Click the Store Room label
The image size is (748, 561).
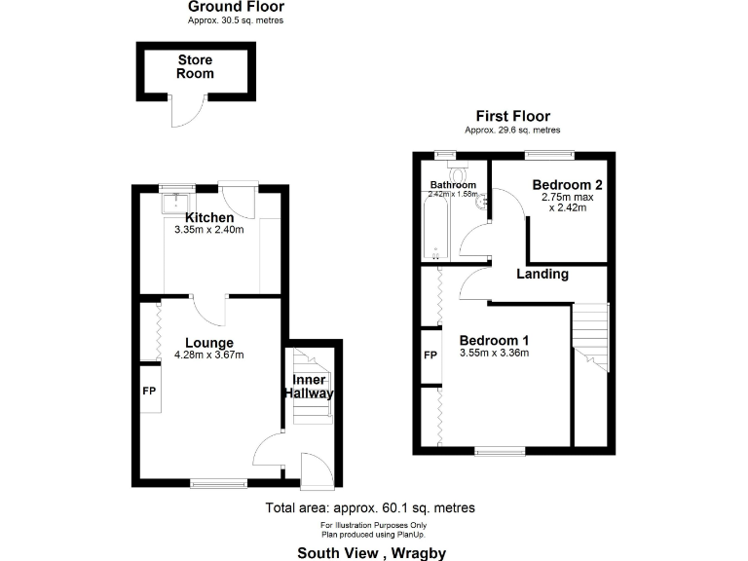coord(195,67)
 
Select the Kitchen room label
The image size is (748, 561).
coord(209,217)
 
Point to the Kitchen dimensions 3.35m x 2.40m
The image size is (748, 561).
coord(208,230)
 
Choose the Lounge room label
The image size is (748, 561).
coord(209,343)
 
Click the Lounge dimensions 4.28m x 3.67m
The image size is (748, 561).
coord(209,355)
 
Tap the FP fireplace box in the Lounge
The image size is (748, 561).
coord(149,391)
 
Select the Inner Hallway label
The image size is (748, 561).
coord(310,387)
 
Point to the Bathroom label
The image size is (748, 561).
coord(453,185)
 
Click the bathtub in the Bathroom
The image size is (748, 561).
coord(434,227)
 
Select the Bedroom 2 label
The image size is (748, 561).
coord(562,185)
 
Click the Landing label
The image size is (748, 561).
coord(542,274)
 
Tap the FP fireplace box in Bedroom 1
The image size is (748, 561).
coord(430,355)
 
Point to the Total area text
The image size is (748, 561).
coord(370,508)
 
